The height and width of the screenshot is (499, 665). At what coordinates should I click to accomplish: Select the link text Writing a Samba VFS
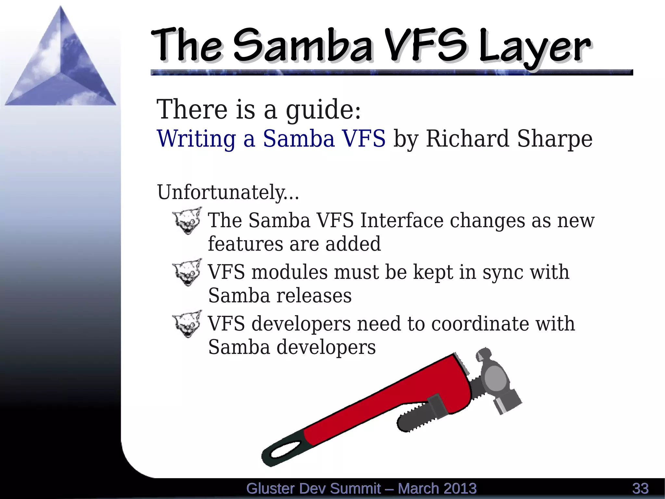[271, 139]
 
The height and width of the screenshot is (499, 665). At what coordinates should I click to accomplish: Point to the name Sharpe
[555, 139]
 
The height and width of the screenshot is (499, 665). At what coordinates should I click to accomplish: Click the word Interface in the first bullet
[402, 220]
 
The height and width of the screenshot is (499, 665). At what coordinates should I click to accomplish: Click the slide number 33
[640, 489]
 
